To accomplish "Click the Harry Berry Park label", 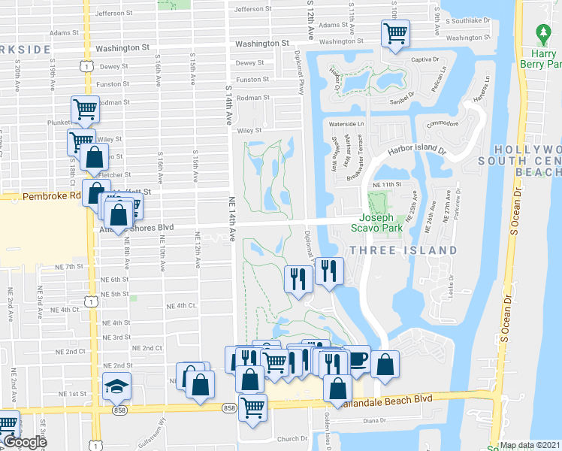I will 543,59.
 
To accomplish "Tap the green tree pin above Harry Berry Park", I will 543,34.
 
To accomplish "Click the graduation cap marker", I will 116,386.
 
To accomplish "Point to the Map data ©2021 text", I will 530,445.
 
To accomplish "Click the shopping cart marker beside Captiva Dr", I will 395,33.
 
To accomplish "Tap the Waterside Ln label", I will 346,123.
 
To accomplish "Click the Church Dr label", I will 292,438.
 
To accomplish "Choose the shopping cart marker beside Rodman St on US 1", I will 86,110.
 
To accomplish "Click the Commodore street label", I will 443,124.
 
